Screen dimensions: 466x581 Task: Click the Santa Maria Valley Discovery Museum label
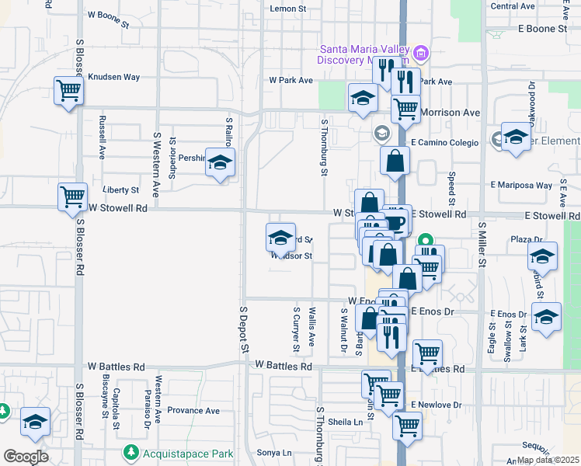(364, 55)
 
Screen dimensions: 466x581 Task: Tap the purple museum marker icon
(421, 53)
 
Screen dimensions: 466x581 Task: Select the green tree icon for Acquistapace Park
(130, 452)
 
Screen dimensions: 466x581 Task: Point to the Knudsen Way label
(114, 77)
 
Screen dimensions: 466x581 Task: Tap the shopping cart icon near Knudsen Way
(68, 90)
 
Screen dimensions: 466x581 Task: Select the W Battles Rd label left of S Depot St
(117, 366)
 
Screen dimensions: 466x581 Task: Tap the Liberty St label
(120, 190)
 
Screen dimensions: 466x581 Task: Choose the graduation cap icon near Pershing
(221, 162)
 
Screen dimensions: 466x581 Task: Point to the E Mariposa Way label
(521, 186)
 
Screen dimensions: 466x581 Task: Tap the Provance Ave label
(193, 411)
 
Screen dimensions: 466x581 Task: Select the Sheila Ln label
(346, 423)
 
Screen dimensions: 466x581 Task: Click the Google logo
(26, 457)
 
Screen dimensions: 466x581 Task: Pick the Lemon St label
(289, 9)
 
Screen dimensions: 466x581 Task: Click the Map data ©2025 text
(548, 460)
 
